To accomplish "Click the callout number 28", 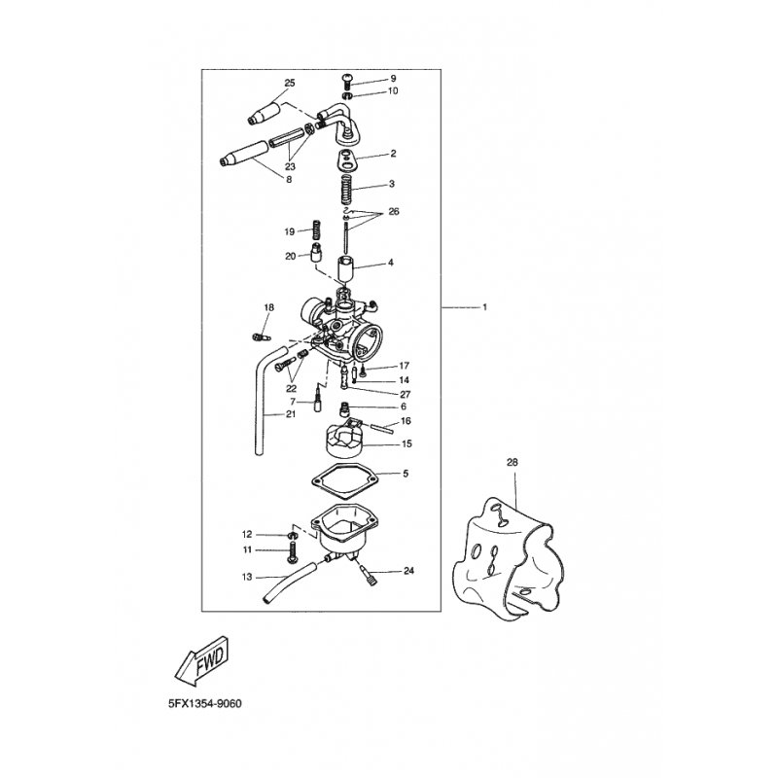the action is pyautogui.click(x=513, y=463).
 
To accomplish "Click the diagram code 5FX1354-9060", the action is pyautogui.click(x=204, y=703).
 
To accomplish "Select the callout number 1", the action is pyautogui.click(x=484, y=307).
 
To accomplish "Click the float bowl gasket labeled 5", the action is pyautogui.click(x=345, y=480).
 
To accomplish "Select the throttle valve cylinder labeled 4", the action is pyautogui.click(x=348, y=270).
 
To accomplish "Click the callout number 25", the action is pyautogui.click(x=289, y=83).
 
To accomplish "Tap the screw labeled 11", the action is pyautogui.click(x=292, y=552).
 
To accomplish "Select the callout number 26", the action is pyautogui.click(x=394, y=212).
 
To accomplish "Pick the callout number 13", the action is pyautogui.click(x=247, y=577).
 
